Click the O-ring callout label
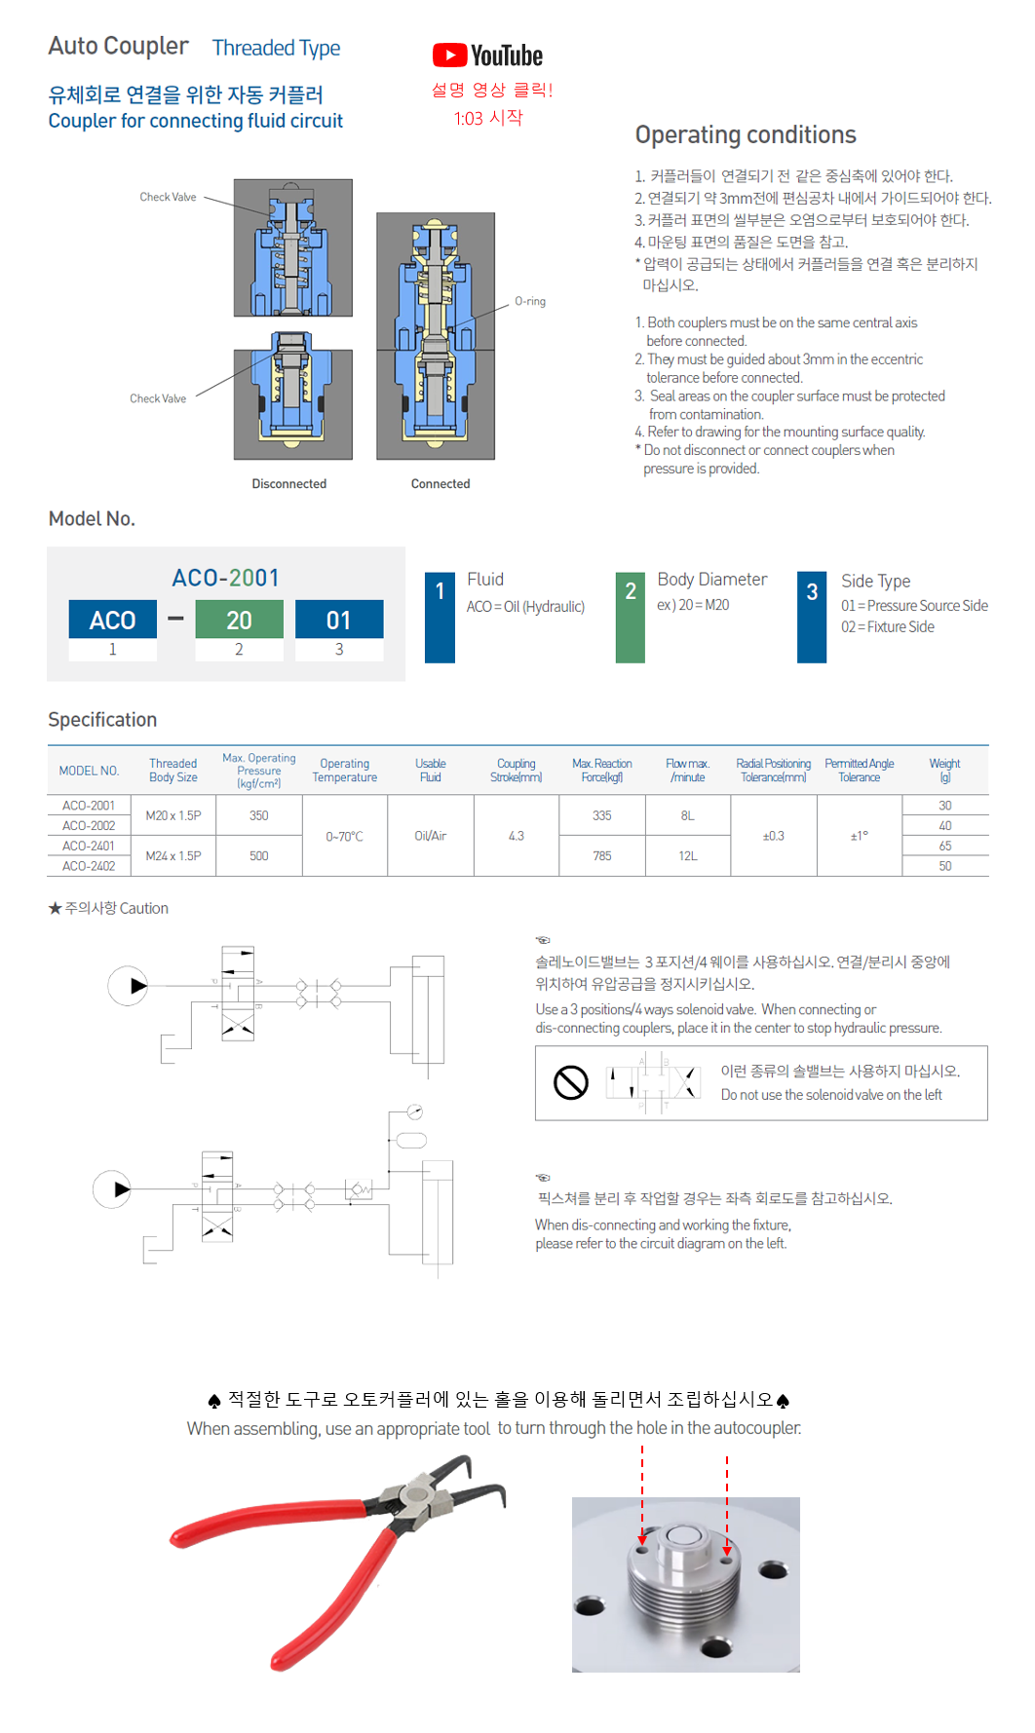[x=530, y=302]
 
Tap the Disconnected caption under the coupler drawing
[x=289, y=484]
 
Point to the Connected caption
[x=441, y=484]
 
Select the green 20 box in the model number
[x=239, y=621]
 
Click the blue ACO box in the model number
[x=113, y=621]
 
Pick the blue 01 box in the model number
[x=339, y=621]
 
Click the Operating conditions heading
[x=746, y=135]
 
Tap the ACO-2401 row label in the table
[x=89, y=847]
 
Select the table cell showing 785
[x=602, y=856]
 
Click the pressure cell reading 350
[x=259, y=816]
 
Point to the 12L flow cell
[x=688, y=856]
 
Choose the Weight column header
[x=944, y=771]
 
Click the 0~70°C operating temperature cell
[x=345, y=837]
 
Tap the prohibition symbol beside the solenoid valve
[x=571, y=1082]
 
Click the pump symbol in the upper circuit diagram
[x=128, y=986]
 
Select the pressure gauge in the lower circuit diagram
[x=415, y=1111]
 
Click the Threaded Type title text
[x=277, y=48]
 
